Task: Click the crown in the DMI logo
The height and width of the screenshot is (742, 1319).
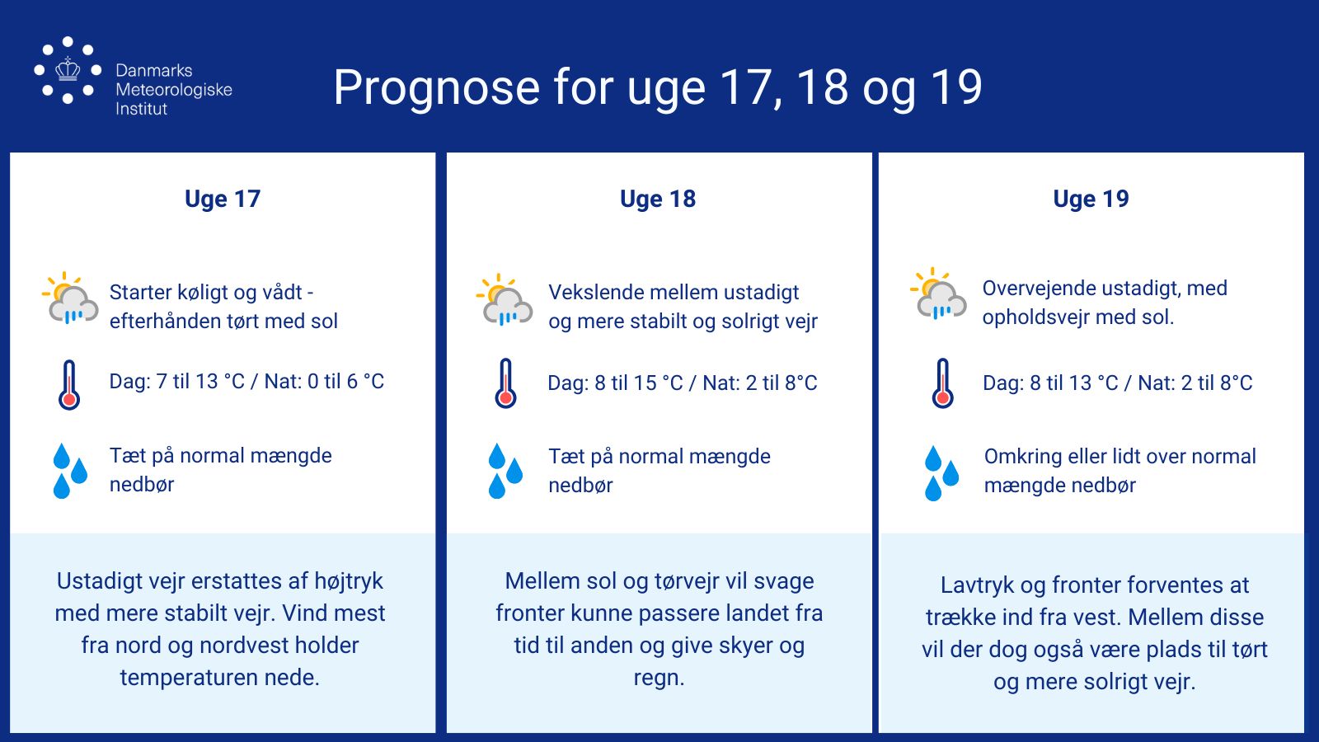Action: pos(68,69)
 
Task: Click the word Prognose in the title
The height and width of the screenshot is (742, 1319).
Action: pos(436,87)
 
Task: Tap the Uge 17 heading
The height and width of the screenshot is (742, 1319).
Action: pos(223,199)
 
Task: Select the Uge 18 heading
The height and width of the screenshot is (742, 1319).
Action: pos(658,199)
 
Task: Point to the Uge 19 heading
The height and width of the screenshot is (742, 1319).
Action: pos(1091,199)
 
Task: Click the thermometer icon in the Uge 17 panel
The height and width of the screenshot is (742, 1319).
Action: pos(69,384)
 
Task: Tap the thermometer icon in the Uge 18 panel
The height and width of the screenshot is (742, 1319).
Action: pos(506,383)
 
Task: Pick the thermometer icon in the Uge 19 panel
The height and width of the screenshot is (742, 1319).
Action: pos(943,383)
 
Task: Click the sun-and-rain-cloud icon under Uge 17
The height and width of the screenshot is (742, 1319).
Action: pos(70,298)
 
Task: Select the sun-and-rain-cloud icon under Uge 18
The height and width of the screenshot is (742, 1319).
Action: pos(504,299)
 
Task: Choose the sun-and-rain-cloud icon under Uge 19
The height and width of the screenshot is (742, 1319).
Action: pos(938,294)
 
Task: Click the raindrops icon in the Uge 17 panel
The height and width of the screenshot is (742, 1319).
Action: pos(70,471)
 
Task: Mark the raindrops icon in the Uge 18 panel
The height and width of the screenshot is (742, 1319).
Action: pos(505,471)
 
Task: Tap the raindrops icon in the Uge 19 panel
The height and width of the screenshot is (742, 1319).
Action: pos(941,473)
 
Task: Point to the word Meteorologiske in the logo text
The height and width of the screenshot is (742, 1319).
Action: pos(174,90)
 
